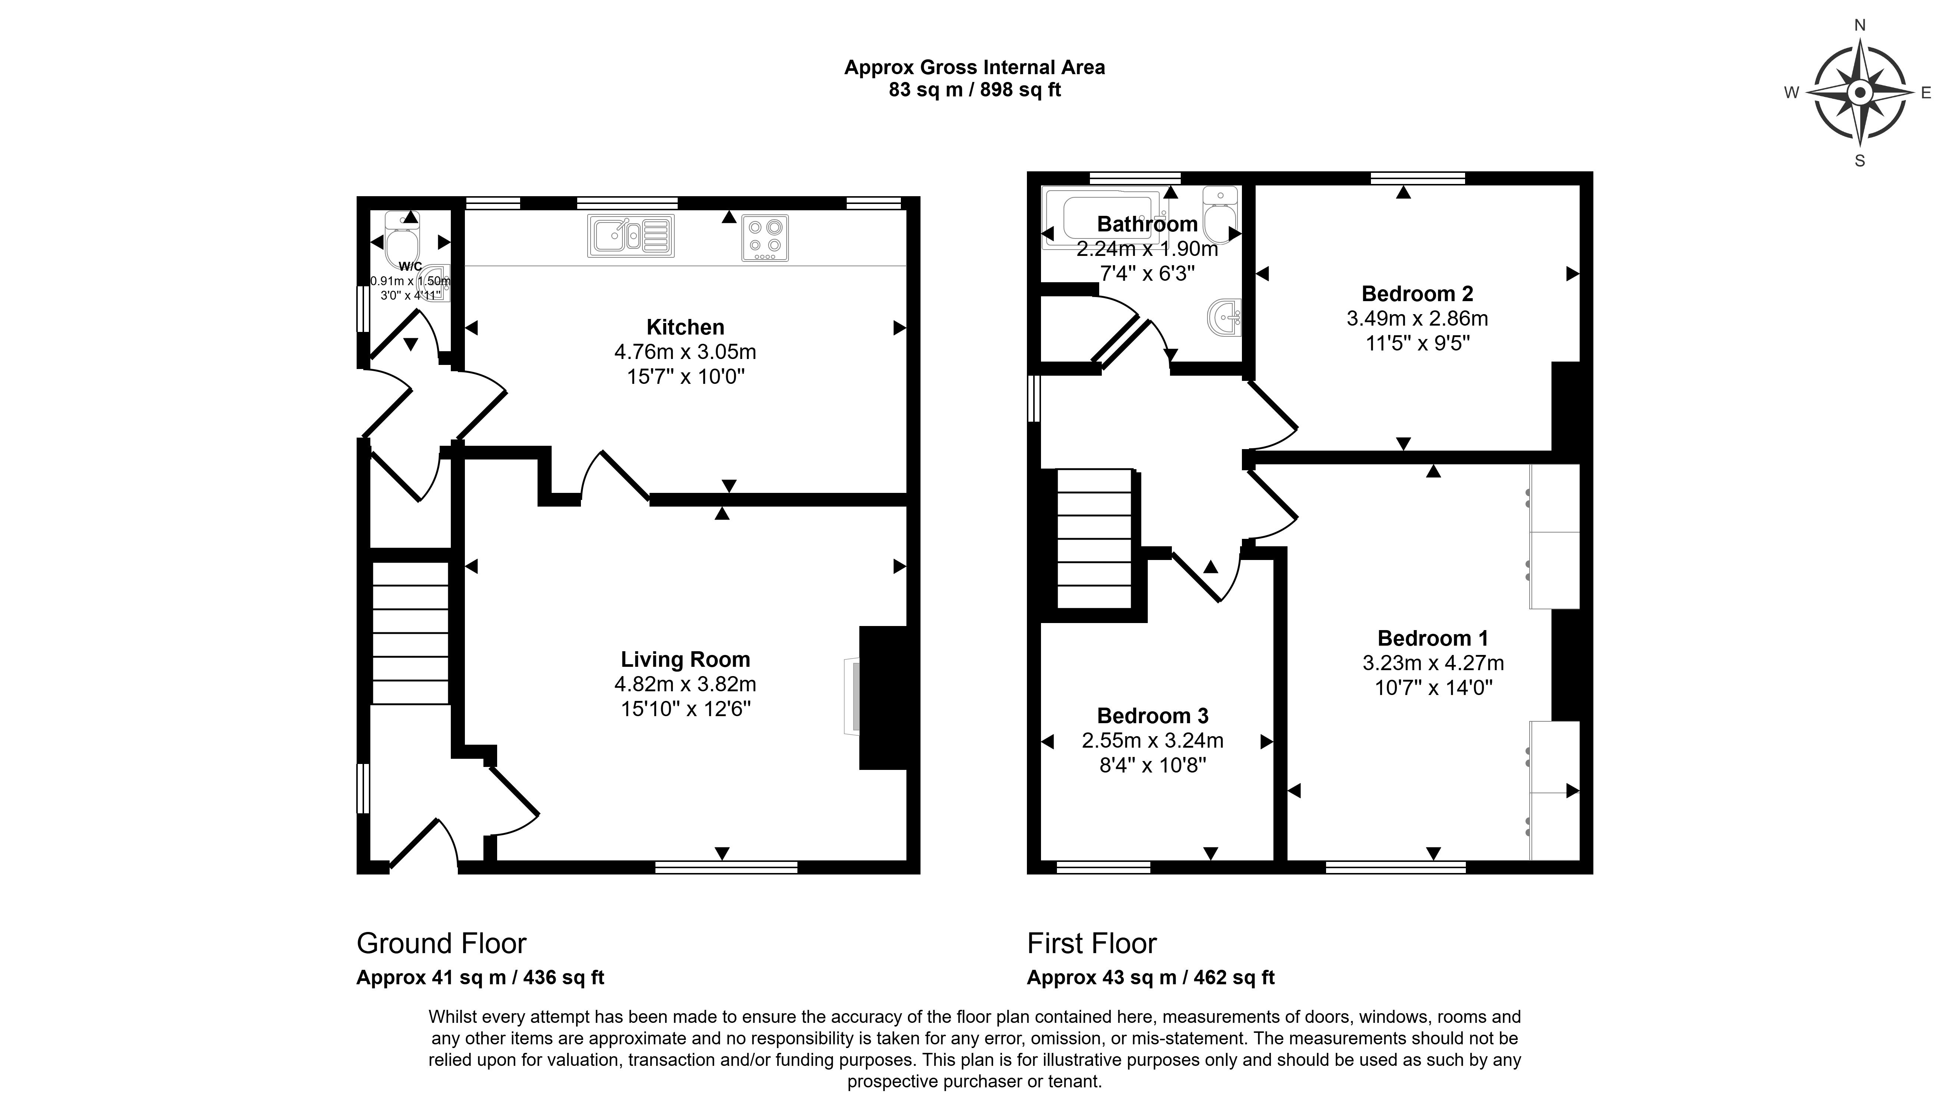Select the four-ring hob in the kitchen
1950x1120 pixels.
pos(765,238)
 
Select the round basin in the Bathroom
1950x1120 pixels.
pos(1224,317)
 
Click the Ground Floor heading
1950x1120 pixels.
pos(442,943)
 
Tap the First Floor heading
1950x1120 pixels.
pos(1092,943)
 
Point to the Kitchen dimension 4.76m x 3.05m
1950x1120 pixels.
pos(685,352)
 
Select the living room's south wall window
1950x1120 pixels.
pos(726,867)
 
